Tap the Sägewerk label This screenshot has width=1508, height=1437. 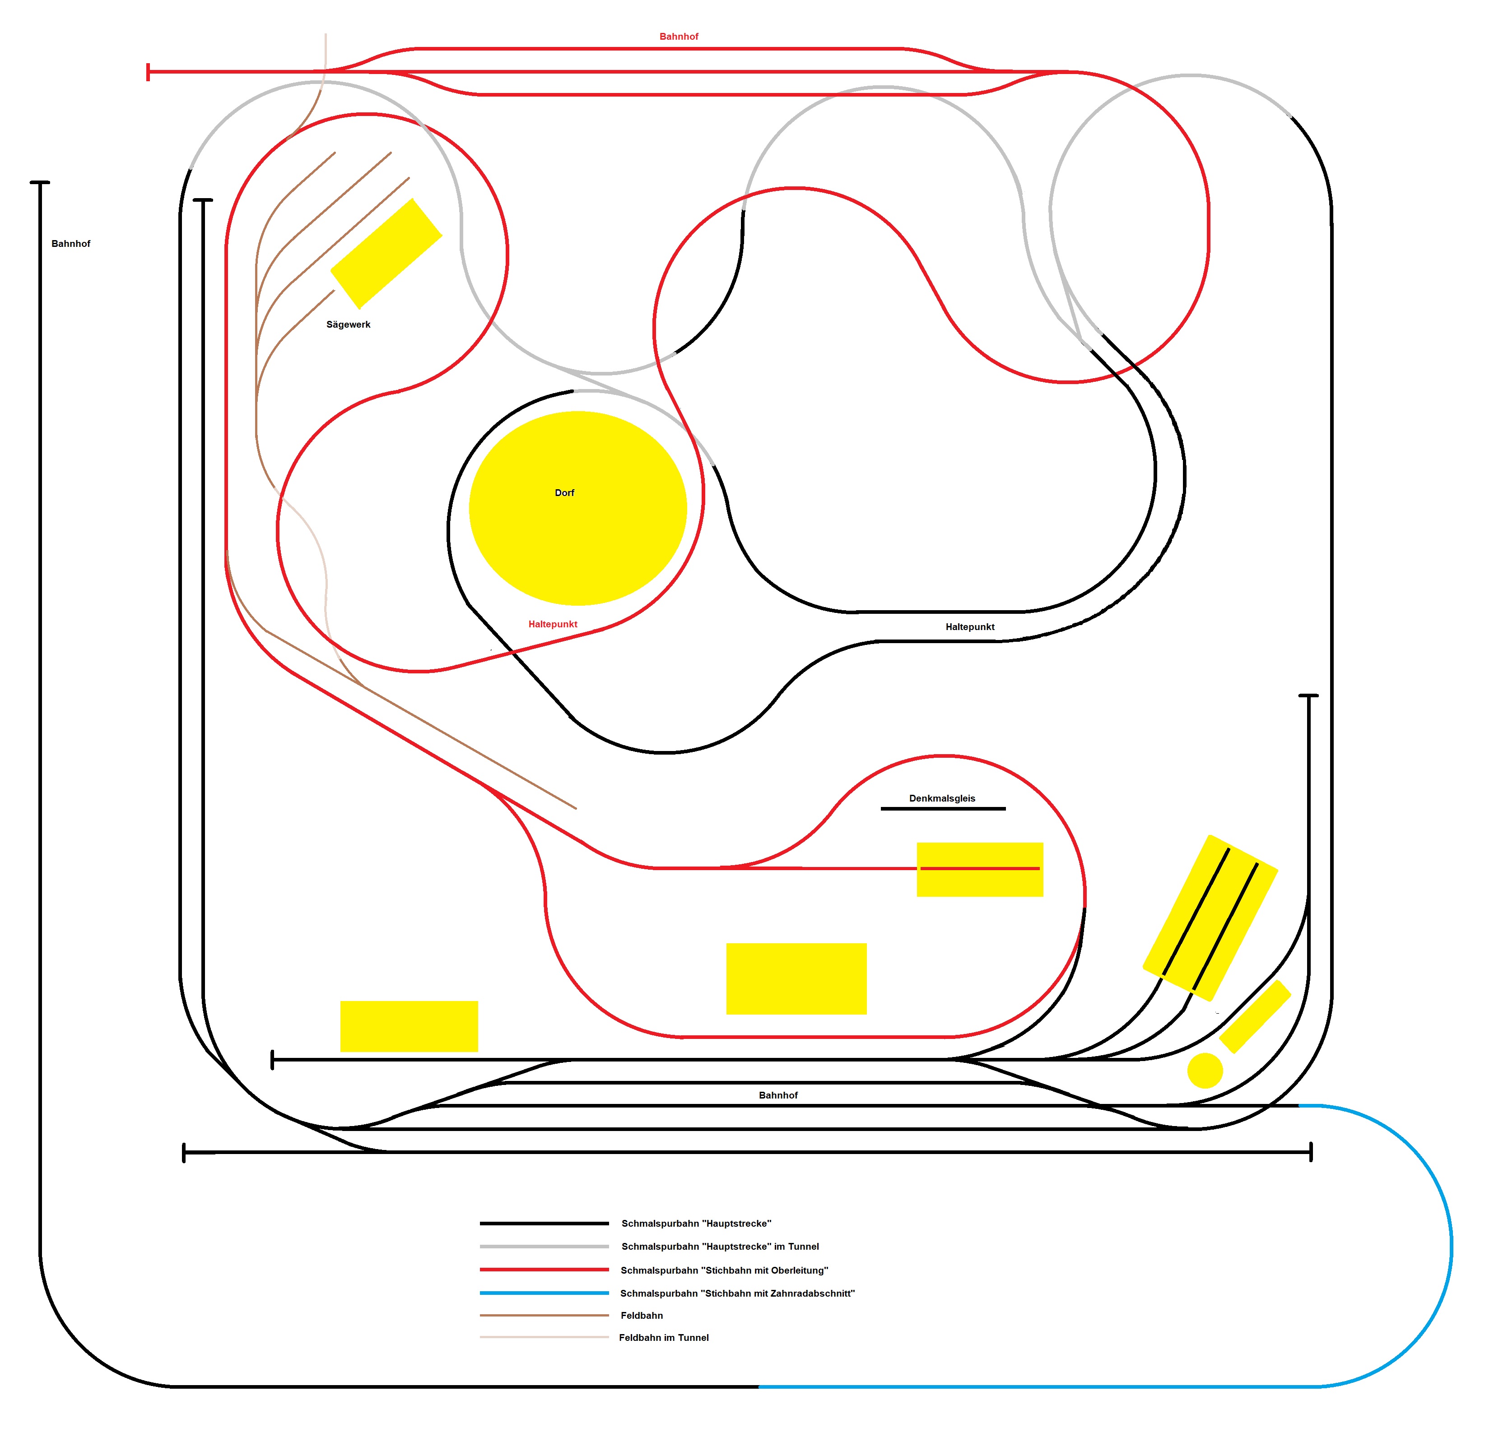(348, 325)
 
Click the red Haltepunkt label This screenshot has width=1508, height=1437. (553, 624)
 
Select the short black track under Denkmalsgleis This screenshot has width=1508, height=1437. (943, 809)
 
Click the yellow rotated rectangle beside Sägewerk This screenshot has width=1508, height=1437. (386, 254)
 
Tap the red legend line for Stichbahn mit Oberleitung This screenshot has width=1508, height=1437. (544, 1270)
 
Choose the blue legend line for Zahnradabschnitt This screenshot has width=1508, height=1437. (544, 1293)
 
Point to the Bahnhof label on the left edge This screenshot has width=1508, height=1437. (70, 244)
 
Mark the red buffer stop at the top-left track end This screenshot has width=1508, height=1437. (148, 72)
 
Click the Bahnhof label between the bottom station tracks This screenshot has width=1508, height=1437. (778, 1095)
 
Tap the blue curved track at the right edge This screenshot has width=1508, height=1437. (1451, 1245)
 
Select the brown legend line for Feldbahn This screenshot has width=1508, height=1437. (544, 1315)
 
